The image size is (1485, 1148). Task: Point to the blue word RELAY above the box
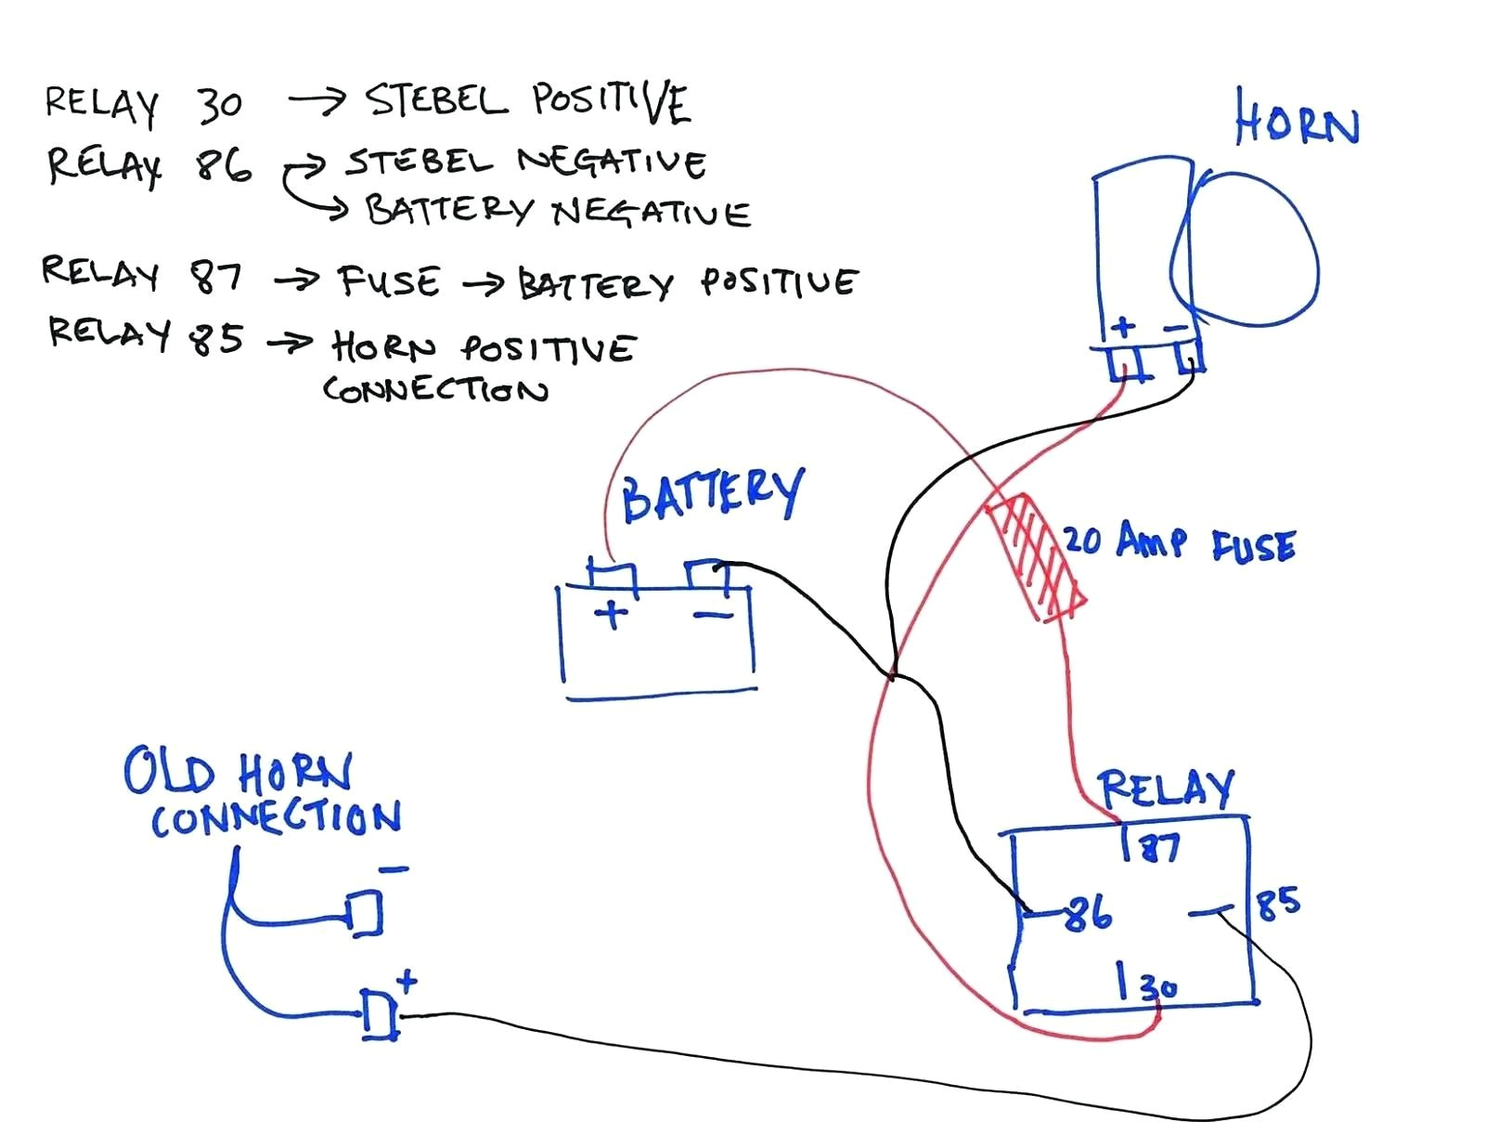tap(1166, 789)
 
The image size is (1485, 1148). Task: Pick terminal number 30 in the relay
tap(1156, 985)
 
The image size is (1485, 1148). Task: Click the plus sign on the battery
tap(611, 614)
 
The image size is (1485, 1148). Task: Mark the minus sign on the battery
tap(712, 614)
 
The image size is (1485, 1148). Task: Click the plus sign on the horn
tap(1123, 326)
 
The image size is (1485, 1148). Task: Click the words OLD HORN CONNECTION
tap(264, 794)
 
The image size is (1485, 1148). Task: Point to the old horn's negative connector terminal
tap(364, 912)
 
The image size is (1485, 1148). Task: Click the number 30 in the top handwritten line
tap(219, 105)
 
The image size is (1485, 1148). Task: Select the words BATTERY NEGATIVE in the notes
tap(557, 212)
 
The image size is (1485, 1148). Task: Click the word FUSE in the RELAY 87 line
tap(389, 281)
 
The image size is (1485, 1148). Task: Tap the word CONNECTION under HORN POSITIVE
tap(435, 388)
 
